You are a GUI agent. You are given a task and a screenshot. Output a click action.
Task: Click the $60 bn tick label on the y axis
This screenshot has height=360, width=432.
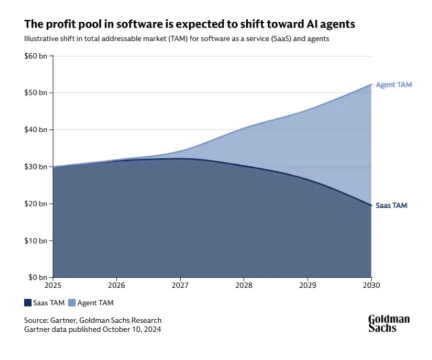point(36,56)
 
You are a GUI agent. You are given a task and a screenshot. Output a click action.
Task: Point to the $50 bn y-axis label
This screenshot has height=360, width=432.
point(36,93)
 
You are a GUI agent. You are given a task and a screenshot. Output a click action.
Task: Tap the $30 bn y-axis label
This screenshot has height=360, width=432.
point(36,166)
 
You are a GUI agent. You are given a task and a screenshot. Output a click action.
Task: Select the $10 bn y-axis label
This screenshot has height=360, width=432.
point(36,240)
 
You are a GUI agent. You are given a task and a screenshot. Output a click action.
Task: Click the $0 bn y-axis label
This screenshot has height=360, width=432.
point(38,277)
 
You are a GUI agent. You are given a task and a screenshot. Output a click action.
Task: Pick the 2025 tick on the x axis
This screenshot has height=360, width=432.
point(53,285)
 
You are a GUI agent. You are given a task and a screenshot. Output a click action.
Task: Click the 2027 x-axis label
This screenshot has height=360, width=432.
point(180,285)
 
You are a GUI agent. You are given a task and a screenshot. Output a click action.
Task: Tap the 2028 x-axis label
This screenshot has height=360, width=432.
point(244,285)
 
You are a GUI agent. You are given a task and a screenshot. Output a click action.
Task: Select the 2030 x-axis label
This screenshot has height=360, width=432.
point(371,285)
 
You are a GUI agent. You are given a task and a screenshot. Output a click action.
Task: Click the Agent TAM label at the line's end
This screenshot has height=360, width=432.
point(394,85)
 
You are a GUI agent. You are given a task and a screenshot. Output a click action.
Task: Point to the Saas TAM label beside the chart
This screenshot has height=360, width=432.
point(392,205)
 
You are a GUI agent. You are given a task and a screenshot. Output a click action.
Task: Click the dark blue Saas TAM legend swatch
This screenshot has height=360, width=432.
point(28,302)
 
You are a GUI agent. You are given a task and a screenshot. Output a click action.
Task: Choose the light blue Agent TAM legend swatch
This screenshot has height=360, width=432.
point(72,302)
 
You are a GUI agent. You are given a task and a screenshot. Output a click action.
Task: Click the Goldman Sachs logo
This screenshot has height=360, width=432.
point(389,323)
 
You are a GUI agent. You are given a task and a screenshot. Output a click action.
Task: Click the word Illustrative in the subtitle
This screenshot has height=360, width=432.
point(38,39)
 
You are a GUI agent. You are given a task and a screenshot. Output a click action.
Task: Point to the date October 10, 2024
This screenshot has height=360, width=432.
point(131,329)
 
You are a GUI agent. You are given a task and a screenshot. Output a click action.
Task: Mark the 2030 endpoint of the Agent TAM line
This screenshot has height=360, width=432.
point(371,84)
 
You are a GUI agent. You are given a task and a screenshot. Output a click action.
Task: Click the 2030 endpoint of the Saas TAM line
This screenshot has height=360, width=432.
point(371,205)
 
